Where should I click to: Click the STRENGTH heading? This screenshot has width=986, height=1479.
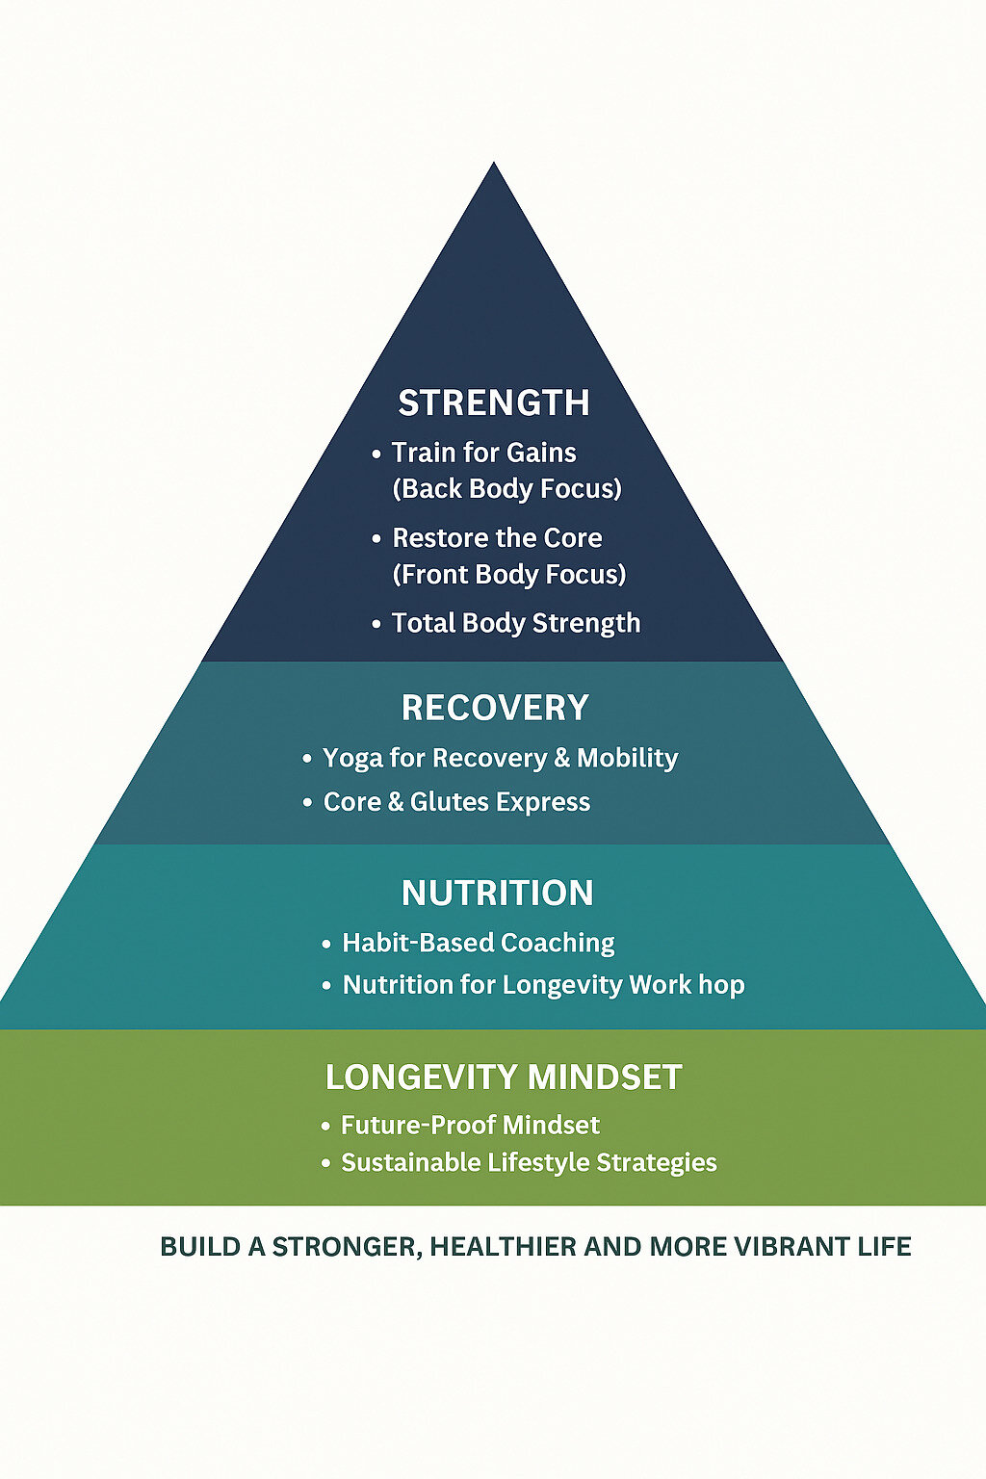click(494, 402)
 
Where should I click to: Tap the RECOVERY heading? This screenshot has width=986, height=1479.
click(495, 708)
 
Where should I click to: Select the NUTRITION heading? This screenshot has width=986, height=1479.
click(497, 893)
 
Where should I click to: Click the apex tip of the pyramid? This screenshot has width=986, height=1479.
click(494, 166)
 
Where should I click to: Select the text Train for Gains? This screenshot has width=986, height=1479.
click(483, 453)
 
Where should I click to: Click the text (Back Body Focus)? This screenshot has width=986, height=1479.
click(506, 489)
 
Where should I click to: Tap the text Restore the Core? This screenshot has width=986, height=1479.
click(497, 537)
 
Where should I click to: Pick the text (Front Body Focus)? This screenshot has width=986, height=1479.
click(508, 575)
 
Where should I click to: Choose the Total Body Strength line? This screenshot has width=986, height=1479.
click(515, 623)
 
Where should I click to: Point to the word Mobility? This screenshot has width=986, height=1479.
click(627, 758)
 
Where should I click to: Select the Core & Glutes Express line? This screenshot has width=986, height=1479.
click(456, 802)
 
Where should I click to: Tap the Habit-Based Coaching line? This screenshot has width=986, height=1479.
click(478, 943)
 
